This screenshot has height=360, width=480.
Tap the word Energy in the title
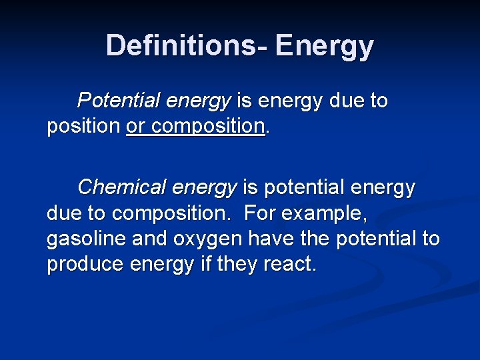coord(325,45)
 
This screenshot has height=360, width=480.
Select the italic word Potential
coord(119,101)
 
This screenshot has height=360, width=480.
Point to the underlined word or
coord(135,126)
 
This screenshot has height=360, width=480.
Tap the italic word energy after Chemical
coord(204,187)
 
